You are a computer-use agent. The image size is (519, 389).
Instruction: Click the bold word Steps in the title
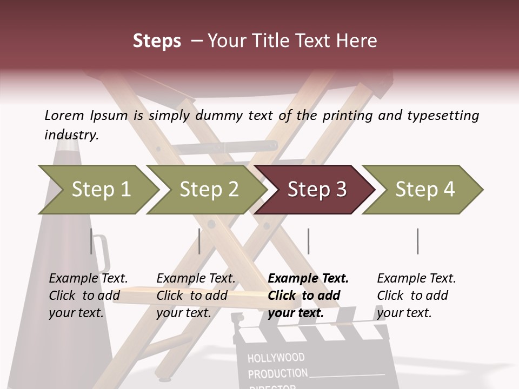pos(157,41)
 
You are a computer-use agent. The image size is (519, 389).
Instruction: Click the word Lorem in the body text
pos(64,115)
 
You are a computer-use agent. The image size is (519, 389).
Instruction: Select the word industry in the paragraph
pos(71,135)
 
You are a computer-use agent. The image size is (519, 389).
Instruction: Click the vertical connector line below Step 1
pos(91,241)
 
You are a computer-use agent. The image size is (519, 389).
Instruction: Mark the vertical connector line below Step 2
pos(199,241)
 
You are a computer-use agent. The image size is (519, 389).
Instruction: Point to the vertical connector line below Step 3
pos(308,241)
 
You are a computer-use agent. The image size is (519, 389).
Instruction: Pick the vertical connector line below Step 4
pos(417,241)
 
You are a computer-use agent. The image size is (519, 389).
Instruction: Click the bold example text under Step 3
pos(308,296)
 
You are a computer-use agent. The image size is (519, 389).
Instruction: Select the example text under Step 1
pos(88,296)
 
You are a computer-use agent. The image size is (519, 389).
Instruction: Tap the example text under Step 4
pos(416,296)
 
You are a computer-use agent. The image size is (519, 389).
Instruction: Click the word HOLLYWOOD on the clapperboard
pos(276,358)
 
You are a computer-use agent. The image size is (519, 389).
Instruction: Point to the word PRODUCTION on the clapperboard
pos(277,373)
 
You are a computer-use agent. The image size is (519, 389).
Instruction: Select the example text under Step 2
pos(196,296)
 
